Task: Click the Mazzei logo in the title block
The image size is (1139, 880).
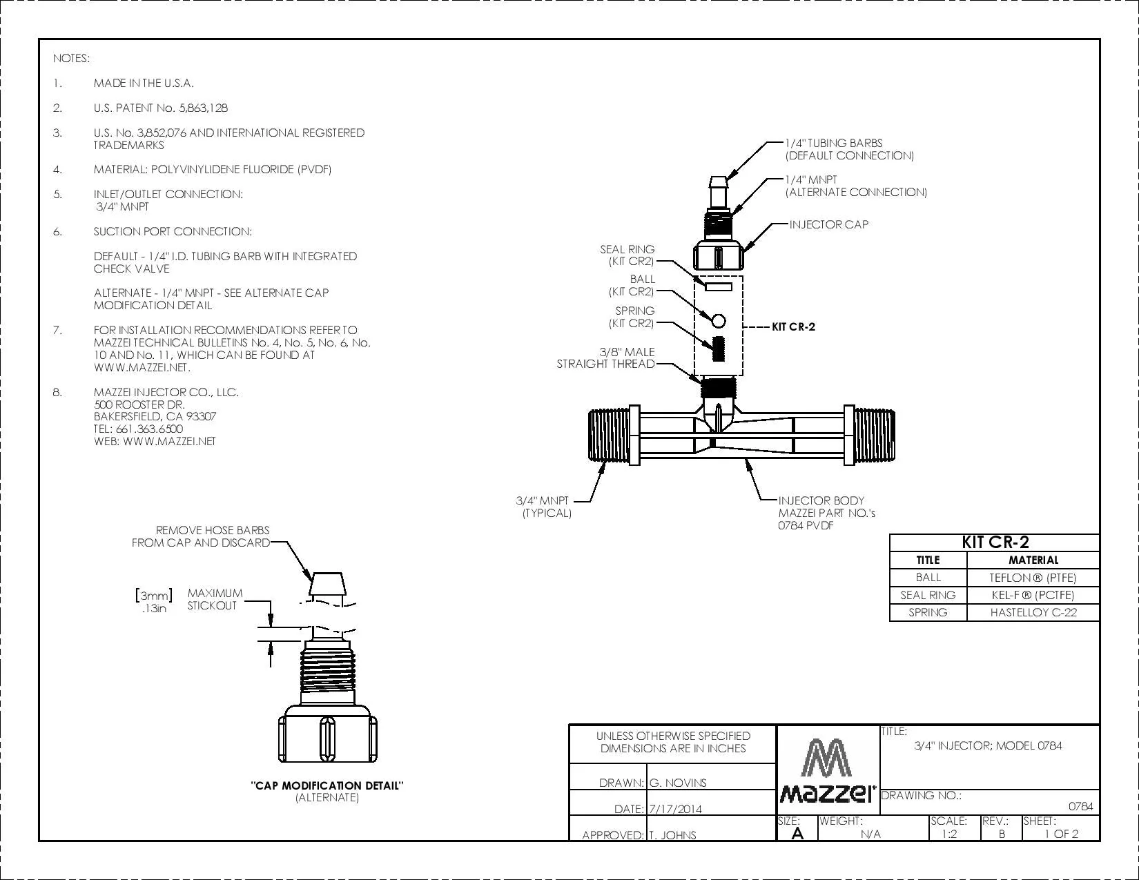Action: click(827, 770)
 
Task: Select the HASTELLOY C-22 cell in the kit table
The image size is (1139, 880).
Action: click(1033, 612)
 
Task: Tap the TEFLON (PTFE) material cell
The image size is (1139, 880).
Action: click(1033, 578)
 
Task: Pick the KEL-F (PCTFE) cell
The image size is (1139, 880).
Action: click(1033, 595)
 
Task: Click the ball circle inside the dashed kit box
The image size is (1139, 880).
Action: click(718, 320)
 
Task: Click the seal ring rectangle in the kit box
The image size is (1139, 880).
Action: click(718, 286)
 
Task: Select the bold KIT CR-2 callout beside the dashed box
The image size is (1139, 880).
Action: click(794, 326)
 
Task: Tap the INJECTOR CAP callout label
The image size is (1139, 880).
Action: click(828, 224)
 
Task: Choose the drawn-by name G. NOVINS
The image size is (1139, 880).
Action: click(678, 783)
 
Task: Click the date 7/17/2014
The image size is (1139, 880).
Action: click(675, 809)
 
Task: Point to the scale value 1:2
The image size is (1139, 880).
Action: click(949, 834)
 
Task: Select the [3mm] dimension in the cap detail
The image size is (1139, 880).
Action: click(154, 596)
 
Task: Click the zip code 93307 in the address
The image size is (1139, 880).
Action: click(202, 417)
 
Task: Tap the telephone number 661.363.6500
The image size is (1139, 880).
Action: click(149, 429)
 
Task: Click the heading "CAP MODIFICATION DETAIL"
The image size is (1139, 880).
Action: click(327, 785)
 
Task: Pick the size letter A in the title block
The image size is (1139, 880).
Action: click(797, 833)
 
